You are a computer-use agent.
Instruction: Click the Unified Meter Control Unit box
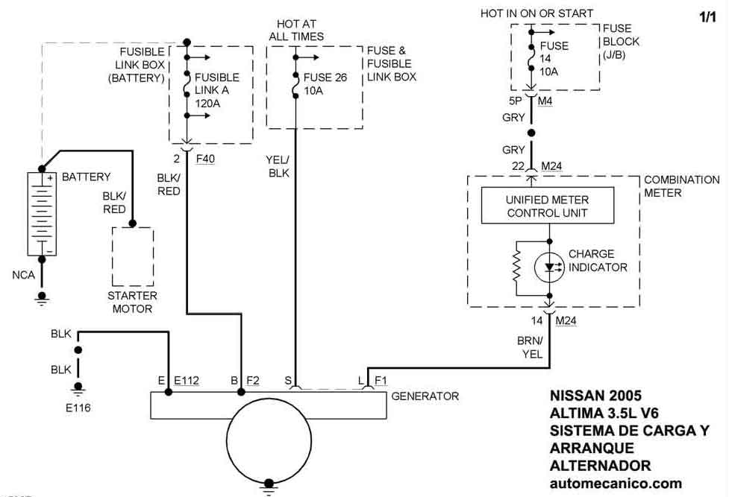[548, 206]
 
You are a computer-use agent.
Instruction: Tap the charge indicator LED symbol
[550, 267]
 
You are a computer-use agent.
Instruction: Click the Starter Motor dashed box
[133, 257]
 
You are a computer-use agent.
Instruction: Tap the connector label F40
[204, 159]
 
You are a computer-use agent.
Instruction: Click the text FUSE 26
[325, 77]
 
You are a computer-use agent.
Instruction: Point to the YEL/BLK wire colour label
[278, 166]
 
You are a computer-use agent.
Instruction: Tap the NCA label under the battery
[23, 275]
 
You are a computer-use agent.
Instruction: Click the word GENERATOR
[425, 396]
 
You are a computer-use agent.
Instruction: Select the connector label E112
[187, 381]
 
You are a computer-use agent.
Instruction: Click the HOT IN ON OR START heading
[537, 13]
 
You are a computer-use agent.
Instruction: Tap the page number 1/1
[707, 17]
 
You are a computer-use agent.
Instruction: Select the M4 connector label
[545, 101]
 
